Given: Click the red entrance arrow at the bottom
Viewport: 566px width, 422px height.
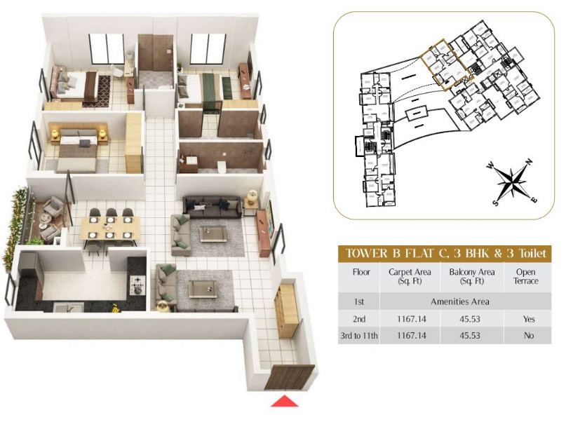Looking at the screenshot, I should click(284, 401).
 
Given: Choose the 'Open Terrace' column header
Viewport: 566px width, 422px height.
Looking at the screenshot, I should click(525, 276).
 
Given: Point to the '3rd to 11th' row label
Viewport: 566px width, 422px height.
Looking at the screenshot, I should click(359, 336).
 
